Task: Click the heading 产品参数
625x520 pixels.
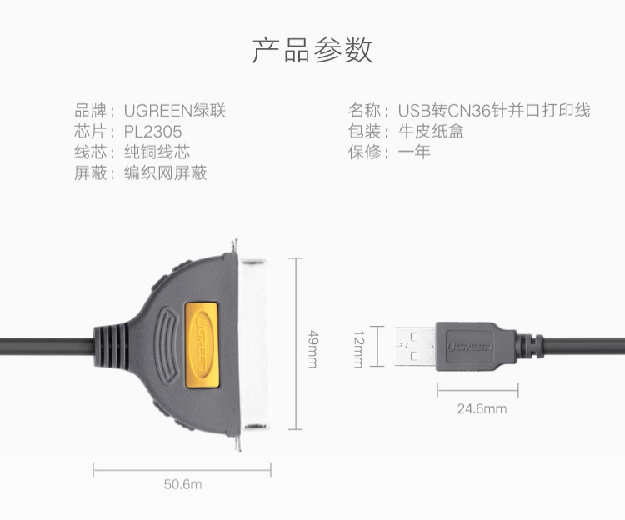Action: [x=312, y=51]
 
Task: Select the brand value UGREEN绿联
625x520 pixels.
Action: [x=175, y=111]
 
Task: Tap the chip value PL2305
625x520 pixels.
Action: [x=152, y=132]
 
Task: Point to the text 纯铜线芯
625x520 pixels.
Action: [x=157, y=152]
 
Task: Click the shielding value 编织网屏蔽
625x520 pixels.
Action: [x=165, y=172]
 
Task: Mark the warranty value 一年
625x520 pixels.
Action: [x=414, y=152]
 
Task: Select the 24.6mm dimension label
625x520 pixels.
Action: [x=482, y=408]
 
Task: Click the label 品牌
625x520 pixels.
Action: [x=91, y=111]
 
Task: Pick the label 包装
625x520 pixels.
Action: [x=364, y=132]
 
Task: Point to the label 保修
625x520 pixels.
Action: [x=364, y=152]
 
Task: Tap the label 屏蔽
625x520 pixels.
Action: [x=91, y=172]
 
